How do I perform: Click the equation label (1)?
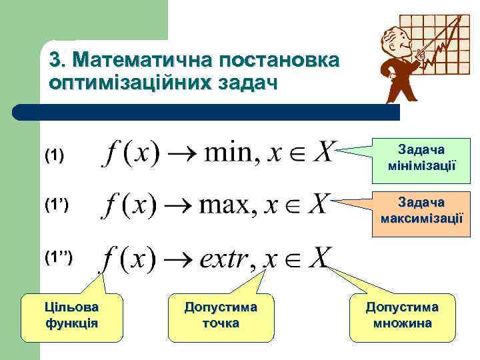tap(54, 156)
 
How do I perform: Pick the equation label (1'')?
tap(58, 256)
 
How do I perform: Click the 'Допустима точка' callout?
tap(220, 315)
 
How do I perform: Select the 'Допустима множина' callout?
tap(402, 315)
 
